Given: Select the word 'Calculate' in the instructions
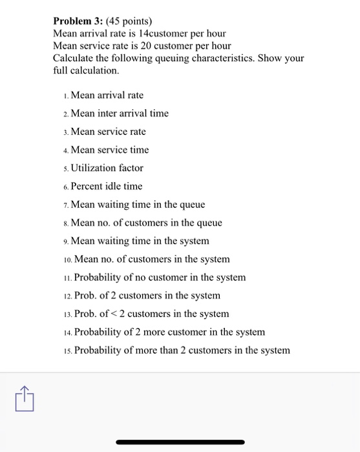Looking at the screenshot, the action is [x=74, y=58].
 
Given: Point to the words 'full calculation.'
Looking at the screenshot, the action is [x=87, y=70].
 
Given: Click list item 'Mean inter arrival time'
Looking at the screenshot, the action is [x=120, y=114].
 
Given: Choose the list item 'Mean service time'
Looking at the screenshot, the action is [x=109, y=150].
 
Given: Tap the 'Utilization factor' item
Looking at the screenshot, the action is [x=107, y=168].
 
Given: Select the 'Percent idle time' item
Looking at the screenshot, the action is [x=107, y=186].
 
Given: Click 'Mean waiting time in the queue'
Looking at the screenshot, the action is [x=138, y=205].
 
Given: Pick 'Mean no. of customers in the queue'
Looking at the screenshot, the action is [x=146, y=223].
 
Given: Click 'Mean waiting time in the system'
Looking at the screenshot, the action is [x=140, y=241].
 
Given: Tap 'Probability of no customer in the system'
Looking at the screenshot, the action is [x=160, y=278].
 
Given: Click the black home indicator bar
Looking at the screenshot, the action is [x=180, y=442].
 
